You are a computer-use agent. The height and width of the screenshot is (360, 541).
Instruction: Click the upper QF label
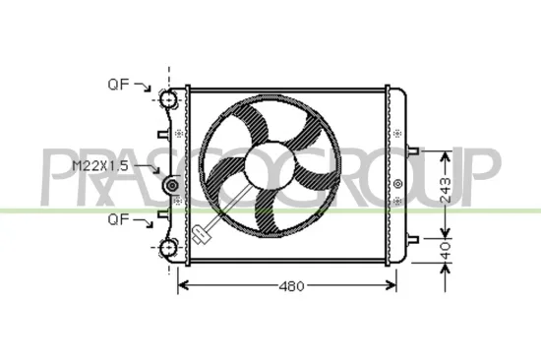(119, 86)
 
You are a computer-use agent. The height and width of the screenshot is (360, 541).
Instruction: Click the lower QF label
(119, 218)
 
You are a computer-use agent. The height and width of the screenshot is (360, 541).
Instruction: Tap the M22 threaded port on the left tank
(173, 186)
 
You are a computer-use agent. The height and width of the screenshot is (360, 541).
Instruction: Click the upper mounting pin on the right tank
(413, 152)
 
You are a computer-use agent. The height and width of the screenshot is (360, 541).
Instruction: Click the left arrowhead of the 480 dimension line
(181, 286)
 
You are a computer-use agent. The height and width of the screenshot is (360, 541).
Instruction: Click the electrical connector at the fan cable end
(202, 234)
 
